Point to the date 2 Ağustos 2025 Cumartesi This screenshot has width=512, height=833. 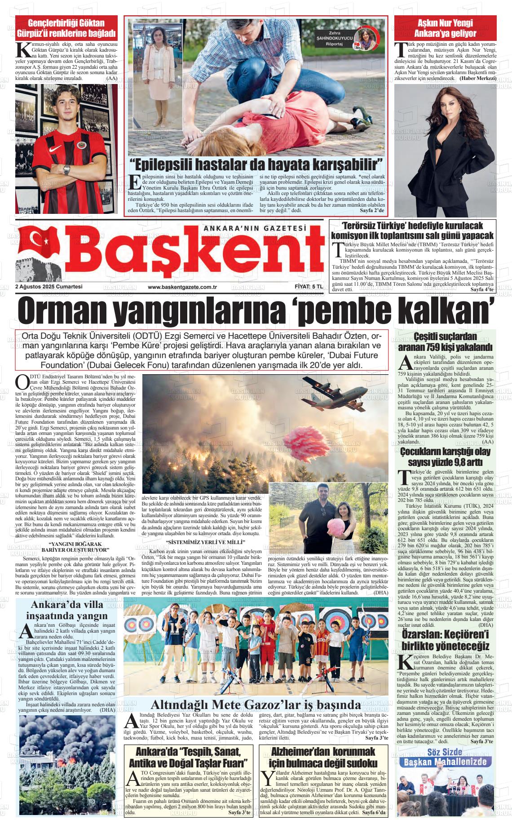49,287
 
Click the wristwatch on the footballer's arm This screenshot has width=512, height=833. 67,170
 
